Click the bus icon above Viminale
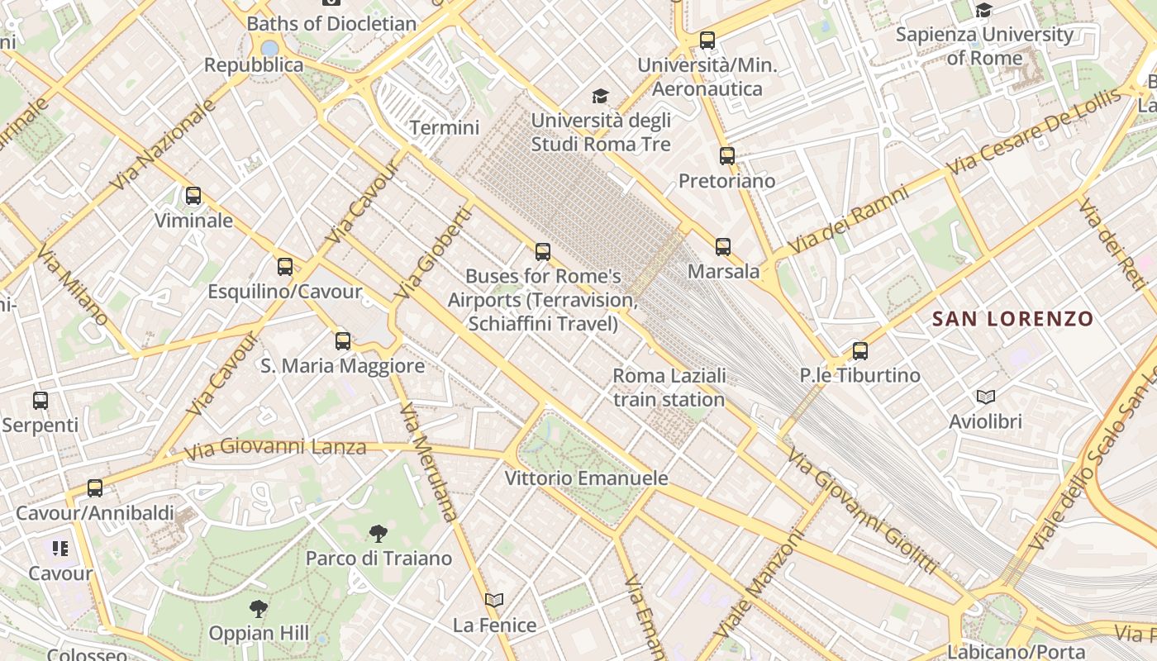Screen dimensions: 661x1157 coord(193,196)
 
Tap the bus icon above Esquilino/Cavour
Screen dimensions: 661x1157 coord(285,266)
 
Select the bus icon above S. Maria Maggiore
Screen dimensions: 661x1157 coord(343,340)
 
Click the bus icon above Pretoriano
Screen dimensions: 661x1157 coord(727,155)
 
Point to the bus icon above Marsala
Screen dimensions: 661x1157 coord(723,246)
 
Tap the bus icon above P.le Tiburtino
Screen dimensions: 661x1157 coord(860,351)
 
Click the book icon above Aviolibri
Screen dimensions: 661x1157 coord(985,397)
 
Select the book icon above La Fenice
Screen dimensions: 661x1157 coord(494,601)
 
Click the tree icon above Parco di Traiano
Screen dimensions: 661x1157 coord(379,534)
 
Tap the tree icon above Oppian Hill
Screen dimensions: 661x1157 coord(259,609)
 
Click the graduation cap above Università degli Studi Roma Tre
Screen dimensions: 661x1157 coord(600,96)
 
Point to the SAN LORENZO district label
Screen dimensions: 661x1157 coord(1012,319)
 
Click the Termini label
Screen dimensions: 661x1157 coord(445,128)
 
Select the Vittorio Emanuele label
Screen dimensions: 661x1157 coord(586,478)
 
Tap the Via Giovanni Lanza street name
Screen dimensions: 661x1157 coord(274,448)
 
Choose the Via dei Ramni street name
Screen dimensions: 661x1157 coord(847,220)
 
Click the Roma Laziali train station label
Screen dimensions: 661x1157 coord(669,388)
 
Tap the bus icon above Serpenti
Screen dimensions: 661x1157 coord(40,401)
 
